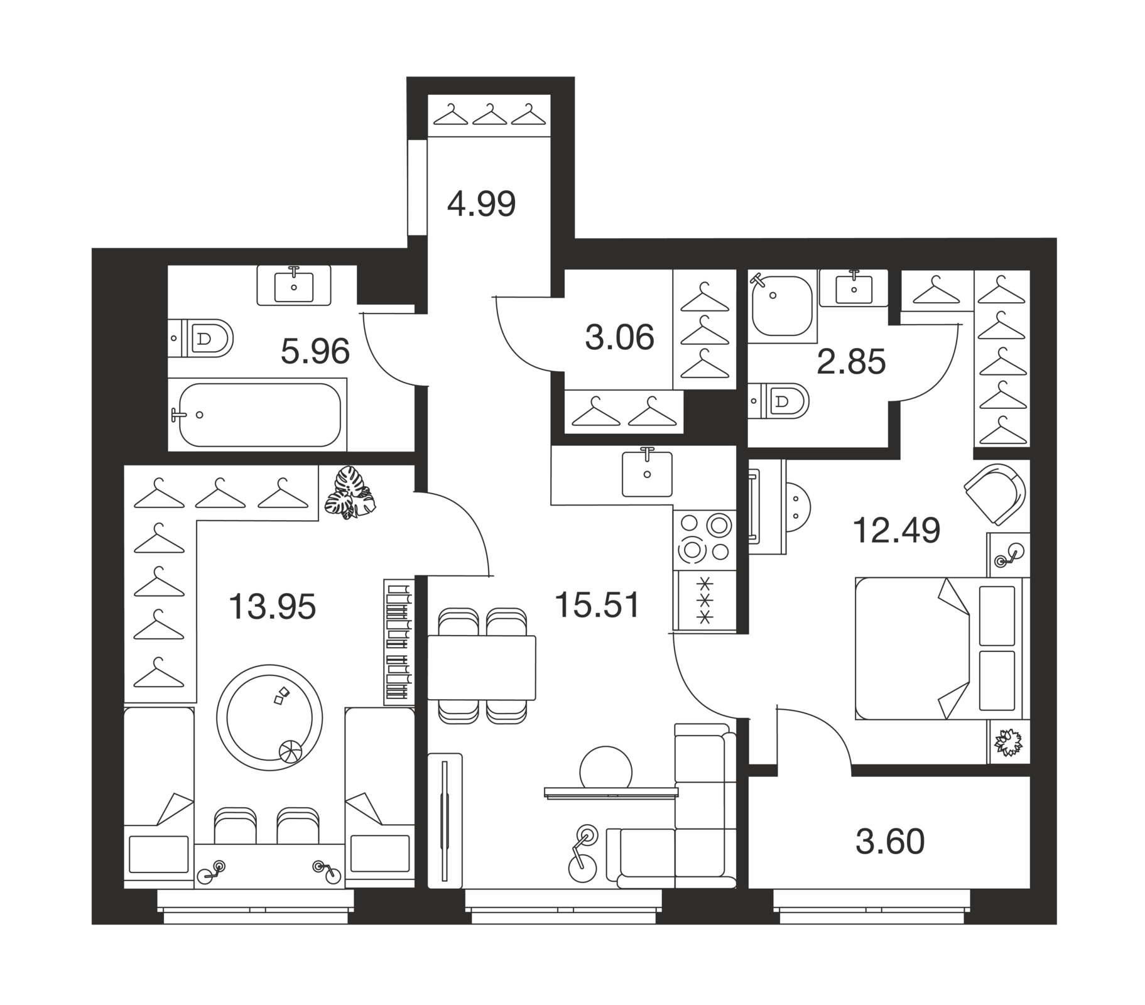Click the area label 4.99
[x=481, y=204]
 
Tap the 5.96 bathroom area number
[x=315, y=352]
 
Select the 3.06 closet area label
[x=619, y=338]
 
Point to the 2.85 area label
[x=851, y=362]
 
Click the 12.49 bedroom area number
[x=896, y=530]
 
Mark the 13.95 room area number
[x=272, y=607]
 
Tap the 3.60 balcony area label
[x=890, y=842]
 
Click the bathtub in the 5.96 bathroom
[x=259, y=415]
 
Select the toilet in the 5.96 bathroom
[x=201, y=338]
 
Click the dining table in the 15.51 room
[x=482, y=668]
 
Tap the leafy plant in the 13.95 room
[x=350, y=493]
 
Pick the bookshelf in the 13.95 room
[x=399, y=641]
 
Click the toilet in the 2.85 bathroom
[x=779, y=401]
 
